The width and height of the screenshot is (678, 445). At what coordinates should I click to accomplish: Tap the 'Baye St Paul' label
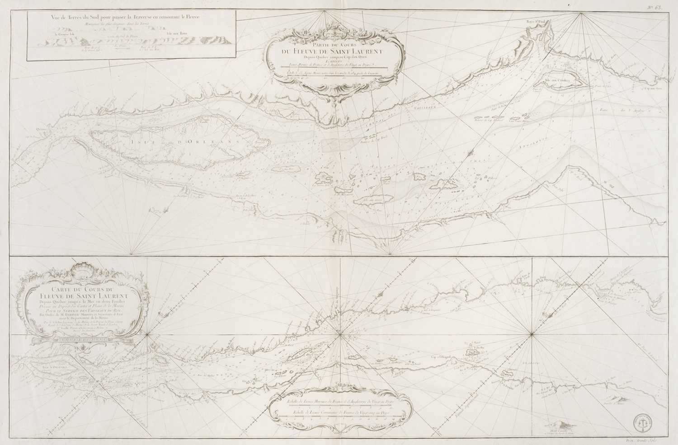[x=535, y=21]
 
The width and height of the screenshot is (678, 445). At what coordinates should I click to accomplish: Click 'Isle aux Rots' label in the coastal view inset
[x=177, y=33]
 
